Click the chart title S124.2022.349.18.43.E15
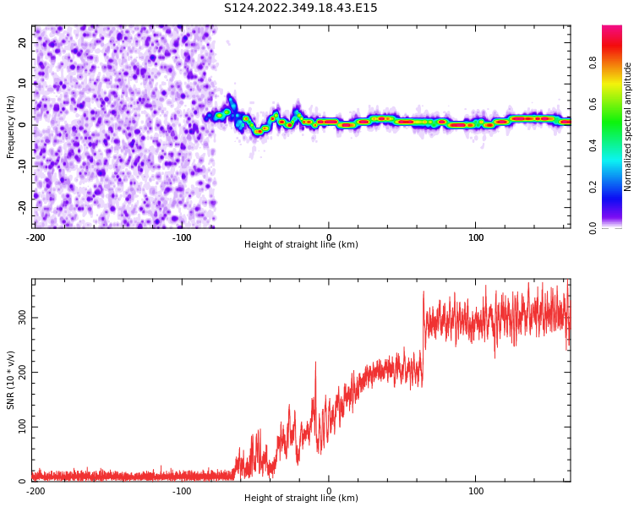pos(301,8)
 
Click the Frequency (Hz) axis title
pos(11,127)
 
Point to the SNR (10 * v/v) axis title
pos(11,380)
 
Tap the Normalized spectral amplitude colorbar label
pos(628,127)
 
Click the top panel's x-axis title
pos(301,244)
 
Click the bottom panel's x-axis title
pos(301,498)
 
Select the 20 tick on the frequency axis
pos(22,42)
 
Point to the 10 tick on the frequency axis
pos(22,83)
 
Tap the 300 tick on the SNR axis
pos(19,318)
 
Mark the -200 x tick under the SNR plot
pos(35,491)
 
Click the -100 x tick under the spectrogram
pos(182,237)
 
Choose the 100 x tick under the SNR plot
pos(476,491)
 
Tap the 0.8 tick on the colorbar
pos(593,62)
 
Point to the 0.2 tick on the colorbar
pos(593,186)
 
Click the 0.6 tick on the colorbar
pos(593,103)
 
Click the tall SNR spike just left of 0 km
pos(315,363)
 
